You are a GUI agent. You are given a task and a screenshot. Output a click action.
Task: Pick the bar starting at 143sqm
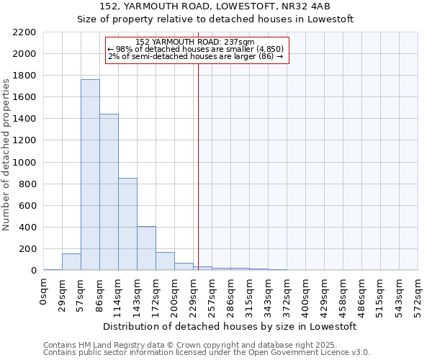pyautogui.click(x=146, y=248)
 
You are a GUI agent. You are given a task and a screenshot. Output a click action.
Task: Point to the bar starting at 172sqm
pyautogui.click(x=165, y=261)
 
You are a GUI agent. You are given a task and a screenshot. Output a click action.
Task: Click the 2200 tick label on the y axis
pyautogui.click(x=24, y=32)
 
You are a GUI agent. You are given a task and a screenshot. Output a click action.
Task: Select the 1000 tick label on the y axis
pyautogui.click(x=24, y=163)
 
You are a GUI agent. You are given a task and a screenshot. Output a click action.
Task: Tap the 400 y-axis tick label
pyautogui.click(x=27, y=228)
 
